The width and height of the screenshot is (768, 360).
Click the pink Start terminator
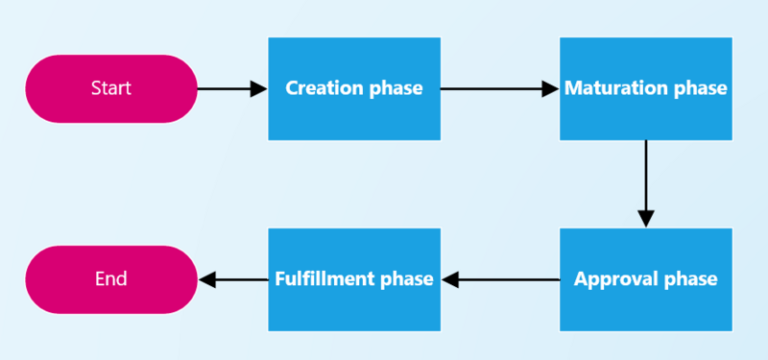pos(110,88)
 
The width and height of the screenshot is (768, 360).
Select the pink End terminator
pos(110,279)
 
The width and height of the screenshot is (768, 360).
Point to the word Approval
pos(613,279)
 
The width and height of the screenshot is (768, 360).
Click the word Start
pos(110,88)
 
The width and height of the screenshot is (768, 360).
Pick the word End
pos(110,279)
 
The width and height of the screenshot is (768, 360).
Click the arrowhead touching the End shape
pos(206,279)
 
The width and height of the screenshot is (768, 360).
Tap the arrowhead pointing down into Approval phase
pos(645,218)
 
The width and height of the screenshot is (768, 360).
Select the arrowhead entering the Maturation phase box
pos(550,88)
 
